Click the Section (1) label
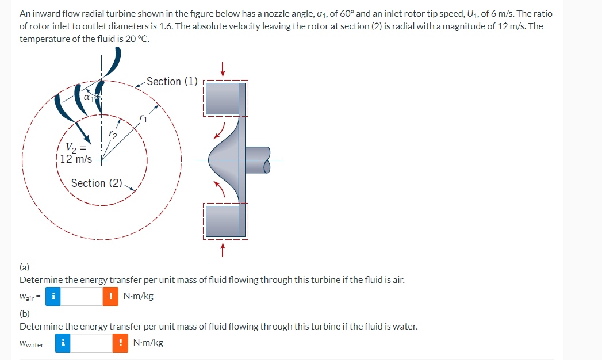coord(172,82)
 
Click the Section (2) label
coord(97,183)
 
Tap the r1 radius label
coord(143,120)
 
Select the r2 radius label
coord(113,135)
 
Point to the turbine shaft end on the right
coord(265,159)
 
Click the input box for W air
coord(82,297)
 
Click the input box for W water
coord(91,343)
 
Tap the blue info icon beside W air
coord(53,297)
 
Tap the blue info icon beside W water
coord(63,343)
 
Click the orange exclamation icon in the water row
coord(120,343)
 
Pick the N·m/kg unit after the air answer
coord(139,297)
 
